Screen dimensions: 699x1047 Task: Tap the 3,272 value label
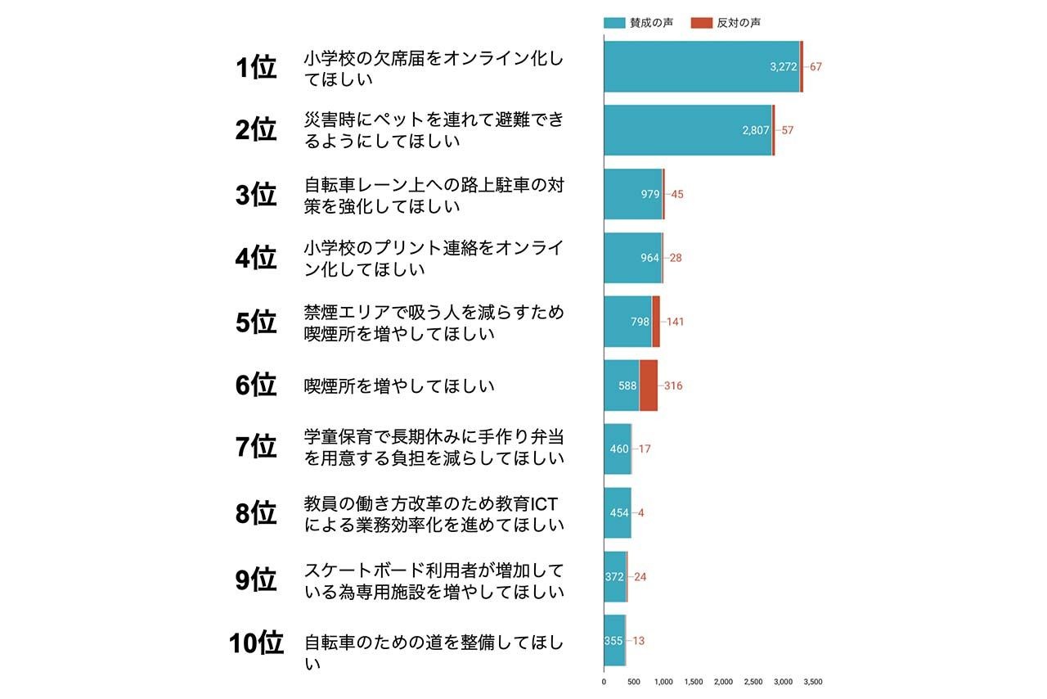coord(783,67)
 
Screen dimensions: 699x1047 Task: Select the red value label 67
coord(816,67)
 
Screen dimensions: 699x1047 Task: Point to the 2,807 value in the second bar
coord(755,130)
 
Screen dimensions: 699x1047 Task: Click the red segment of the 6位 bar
coord(648,386)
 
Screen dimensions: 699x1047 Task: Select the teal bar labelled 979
coord(632,194)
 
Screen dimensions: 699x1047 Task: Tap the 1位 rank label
coord(256,68)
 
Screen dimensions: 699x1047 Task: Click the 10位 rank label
coord(256,643)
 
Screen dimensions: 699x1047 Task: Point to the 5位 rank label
coord(256,322)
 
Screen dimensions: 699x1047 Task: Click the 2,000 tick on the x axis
coord(723,681)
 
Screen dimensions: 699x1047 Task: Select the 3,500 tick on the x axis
coord(812,681)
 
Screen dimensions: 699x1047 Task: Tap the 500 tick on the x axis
coord(633,681)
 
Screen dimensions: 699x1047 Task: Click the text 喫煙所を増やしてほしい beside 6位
coord(399,386)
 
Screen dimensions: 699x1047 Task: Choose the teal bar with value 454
coord(617,513)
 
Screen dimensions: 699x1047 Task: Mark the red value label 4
coord(641,513)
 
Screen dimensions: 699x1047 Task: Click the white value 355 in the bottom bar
coord(613,641)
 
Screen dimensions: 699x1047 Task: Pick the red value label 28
coord(675,258)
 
